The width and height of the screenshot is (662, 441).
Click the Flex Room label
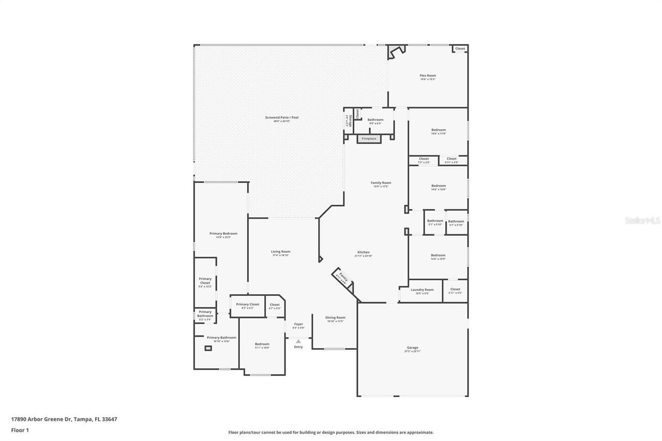[x=427, y=75]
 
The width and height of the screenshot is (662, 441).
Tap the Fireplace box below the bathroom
[x=369, y=139]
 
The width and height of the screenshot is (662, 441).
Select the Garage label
[x=412, y=348]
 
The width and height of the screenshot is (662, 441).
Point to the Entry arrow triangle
[x=298, y=341]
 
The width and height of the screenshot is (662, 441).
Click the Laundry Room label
[x=422, y=290]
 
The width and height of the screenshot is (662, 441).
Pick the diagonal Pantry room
[x=342, y=278]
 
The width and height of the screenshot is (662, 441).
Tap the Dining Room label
[x=335, y=317]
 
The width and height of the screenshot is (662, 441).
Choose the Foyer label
[x=298, y=324]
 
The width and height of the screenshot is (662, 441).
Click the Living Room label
[x=280, y=252]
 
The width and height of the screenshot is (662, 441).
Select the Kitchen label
[x=363, y=252]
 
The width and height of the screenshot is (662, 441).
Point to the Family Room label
[x=381, y=183]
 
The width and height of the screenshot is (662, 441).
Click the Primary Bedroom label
[x=223, y=234]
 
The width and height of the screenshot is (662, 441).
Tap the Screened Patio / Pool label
[x=281, y=118]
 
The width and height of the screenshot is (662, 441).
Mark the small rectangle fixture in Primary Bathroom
[x=208, y=348]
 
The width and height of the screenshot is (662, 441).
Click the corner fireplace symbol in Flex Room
[x=396, y=52]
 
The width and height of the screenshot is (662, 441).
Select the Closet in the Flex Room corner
[x=460, y=49]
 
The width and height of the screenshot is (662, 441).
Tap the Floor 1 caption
[x=20, y=430]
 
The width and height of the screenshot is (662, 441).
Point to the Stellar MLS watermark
[x=642, y=220]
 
